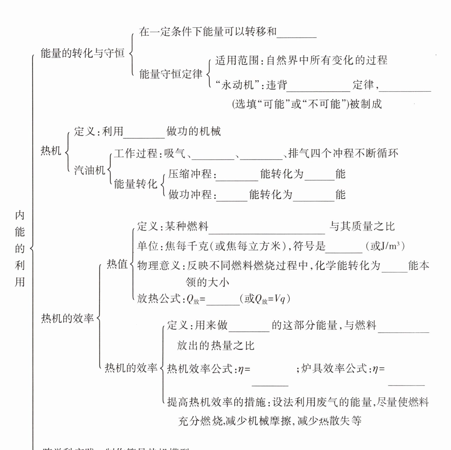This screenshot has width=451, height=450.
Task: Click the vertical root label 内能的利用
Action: click(20, 248)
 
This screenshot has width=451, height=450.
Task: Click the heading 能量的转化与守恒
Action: click(82, 53)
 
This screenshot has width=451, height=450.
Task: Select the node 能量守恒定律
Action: click(171, 74)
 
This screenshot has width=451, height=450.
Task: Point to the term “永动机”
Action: click(237, 85)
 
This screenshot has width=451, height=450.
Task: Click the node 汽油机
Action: click(90, 170)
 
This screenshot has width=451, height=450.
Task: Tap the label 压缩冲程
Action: click(190, 174)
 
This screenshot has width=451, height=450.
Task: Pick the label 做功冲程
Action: click(190, 195)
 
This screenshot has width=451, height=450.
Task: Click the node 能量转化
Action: click(135, 184)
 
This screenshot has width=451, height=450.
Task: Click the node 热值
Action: click(117, 264)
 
